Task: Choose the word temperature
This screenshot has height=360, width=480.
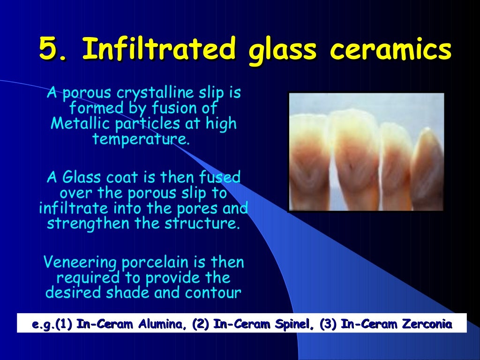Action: coord(141,139)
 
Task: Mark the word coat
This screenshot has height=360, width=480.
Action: coord(117,178)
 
